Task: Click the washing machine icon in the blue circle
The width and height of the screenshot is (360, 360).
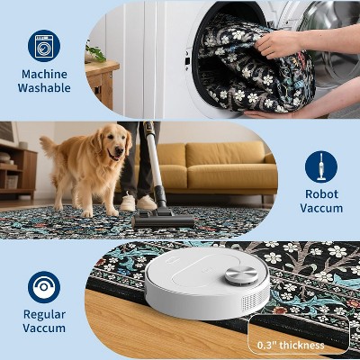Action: coord(44,46)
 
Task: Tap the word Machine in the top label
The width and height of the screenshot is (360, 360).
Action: coord(44,74)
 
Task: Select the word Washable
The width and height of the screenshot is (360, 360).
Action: coord(44,88)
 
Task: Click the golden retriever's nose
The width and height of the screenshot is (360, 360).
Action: coord(119,149)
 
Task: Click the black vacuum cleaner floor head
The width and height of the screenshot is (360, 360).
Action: coord(162,220)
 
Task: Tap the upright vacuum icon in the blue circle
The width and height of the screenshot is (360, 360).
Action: coord(321,166)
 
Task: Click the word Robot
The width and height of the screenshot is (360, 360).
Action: coord(321,194)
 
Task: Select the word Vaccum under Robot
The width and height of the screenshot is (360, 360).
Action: coord(321,208)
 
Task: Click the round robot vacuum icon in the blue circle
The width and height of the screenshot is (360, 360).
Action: coord(44,286)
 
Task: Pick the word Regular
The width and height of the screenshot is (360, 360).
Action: coord(44,315)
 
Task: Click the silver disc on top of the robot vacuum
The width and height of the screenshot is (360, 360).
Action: coord(241,274)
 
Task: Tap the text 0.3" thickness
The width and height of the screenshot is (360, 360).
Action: coord(291,345)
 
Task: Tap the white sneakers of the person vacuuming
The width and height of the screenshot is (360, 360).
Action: coord(139,202)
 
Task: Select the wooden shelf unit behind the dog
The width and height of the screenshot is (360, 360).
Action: coord(18,170)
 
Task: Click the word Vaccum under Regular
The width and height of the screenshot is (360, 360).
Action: coord(44,328)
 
